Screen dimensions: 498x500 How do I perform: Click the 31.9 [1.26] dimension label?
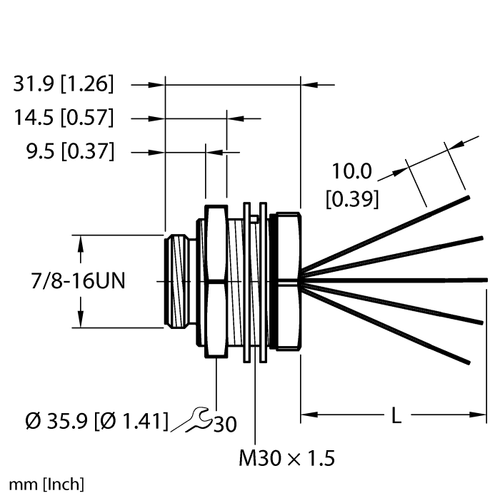(63, 84)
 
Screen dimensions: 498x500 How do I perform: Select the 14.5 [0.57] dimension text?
(63, 118)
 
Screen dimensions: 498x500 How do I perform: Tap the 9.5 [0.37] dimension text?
(63, 151)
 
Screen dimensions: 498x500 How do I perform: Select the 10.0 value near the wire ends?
(351, 172)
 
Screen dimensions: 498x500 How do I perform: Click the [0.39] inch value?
(351, 200)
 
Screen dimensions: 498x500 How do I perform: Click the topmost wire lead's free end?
(468, 197)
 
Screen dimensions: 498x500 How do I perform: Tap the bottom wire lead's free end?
(468, 362)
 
